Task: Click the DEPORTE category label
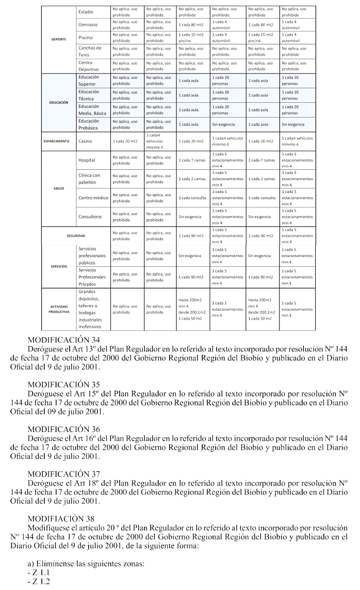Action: pyautogui.click(x=58, y=39)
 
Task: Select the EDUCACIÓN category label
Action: pyautogui.click(x=59, y=102)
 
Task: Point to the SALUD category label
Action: pyautogui.click(x=59, y=188)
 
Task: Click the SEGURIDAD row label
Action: pyautogui.click(x=75, y=235)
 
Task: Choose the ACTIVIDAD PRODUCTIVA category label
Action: pyautogui.click(x=59, y=309)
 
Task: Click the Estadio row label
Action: pyautogui.click(x=86, y=11)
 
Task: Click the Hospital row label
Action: pyautogui.click(x=87, y=160)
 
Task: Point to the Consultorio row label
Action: pyautogui.click(x=90, y=217)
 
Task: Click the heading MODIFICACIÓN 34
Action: pyautogui.click(x=64, y=341)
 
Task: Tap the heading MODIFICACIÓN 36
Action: pyautogui.click(x=64, y=429)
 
